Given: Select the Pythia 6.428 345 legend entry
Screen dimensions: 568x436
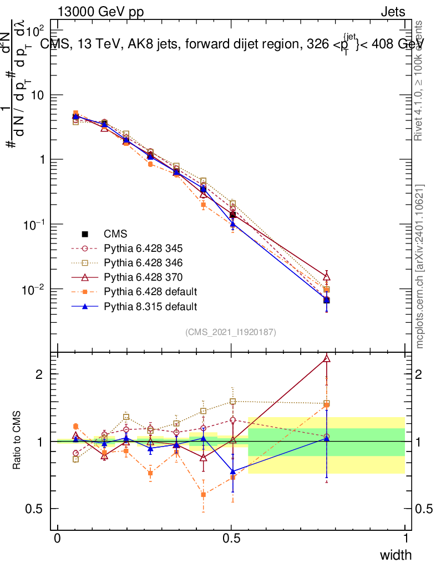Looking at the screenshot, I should tap(144, 248).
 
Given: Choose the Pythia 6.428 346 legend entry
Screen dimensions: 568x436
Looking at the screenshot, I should tap(144, 263).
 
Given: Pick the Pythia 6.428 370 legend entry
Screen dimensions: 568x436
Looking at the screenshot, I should tap(144, 277).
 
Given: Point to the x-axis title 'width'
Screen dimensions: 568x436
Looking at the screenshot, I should tap(396, 555).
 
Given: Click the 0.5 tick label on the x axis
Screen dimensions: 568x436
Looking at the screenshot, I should tap(231, 539).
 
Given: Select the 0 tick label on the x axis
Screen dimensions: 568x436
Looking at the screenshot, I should tap(58, 539).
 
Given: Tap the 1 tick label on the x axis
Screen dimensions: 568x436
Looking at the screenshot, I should tap(405, 539).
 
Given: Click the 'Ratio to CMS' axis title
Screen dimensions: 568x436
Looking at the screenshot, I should tap(18, 440).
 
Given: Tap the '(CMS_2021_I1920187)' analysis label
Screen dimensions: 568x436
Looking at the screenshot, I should tap(231, 332).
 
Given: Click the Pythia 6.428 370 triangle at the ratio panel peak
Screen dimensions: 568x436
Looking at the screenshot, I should tap(327, 359).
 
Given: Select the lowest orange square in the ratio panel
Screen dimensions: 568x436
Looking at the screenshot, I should tap(204, 494).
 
